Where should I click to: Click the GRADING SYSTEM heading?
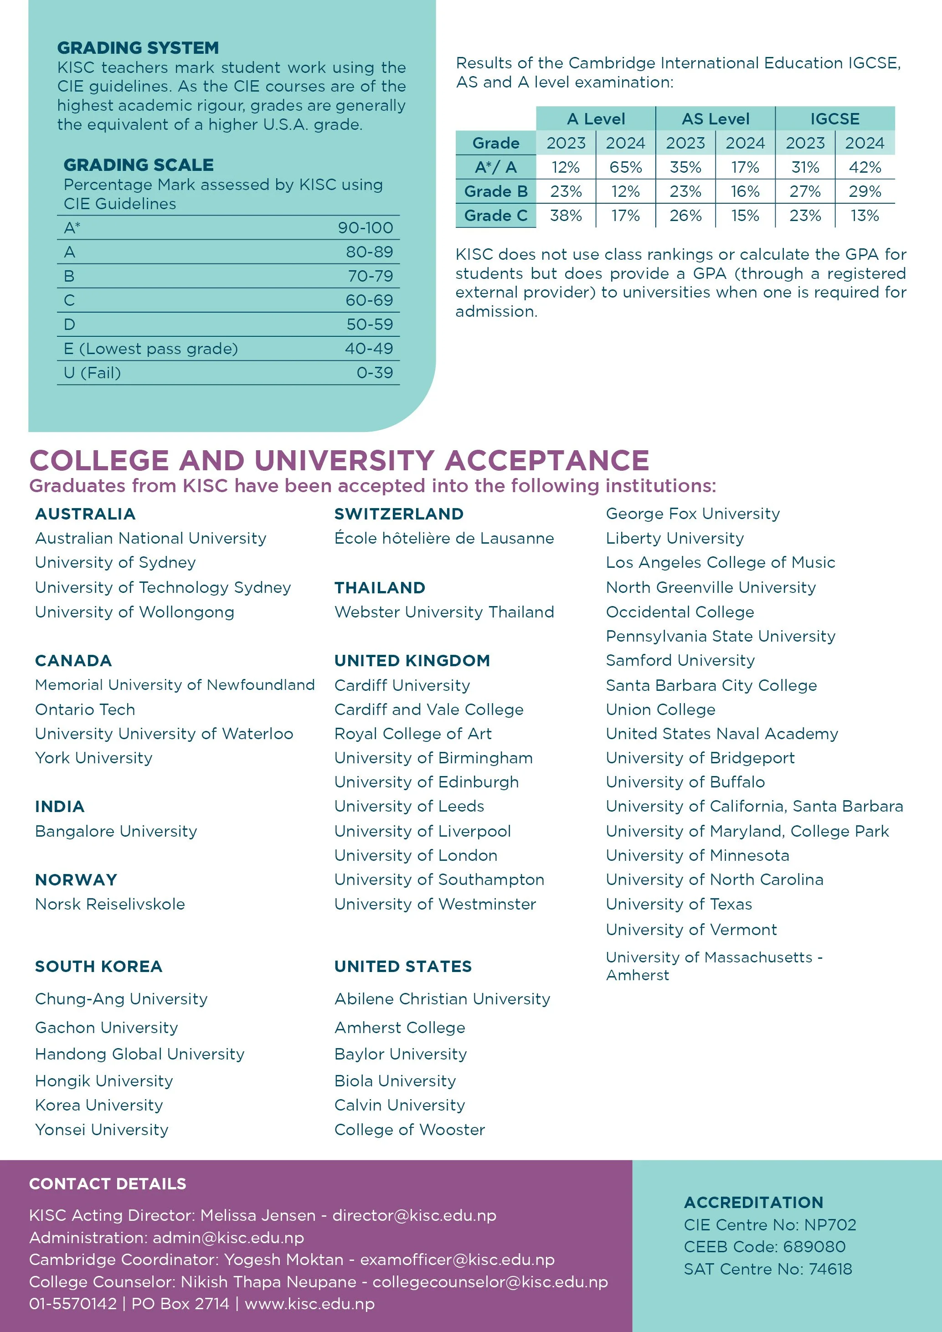point(138,47)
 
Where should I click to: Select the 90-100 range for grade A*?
point(365,228)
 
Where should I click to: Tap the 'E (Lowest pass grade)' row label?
point(151,349)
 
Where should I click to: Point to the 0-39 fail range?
point(375,373)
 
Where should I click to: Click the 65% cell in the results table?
point(625,168)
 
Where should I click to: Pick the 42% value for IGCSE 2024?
point(865,168)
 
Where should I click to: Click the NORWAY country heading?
point(76,880)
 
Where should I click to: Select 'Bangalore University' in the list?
point(116,831)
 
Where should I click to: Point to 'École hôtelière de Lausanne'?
point(444,538)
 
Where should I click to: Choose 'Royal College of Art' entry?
point(413,734)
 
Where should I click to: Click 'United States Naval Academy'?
point(721,734)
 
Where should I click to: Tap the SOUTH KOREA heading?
point(98,967)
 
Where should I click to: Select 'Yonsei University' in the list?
point(102,1130)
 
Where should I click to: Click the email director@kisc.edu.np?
point(414,1215)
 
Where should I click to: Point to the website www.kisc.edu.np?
point(310,1304)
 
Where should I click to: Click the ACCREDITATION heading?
point(753,1202)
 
